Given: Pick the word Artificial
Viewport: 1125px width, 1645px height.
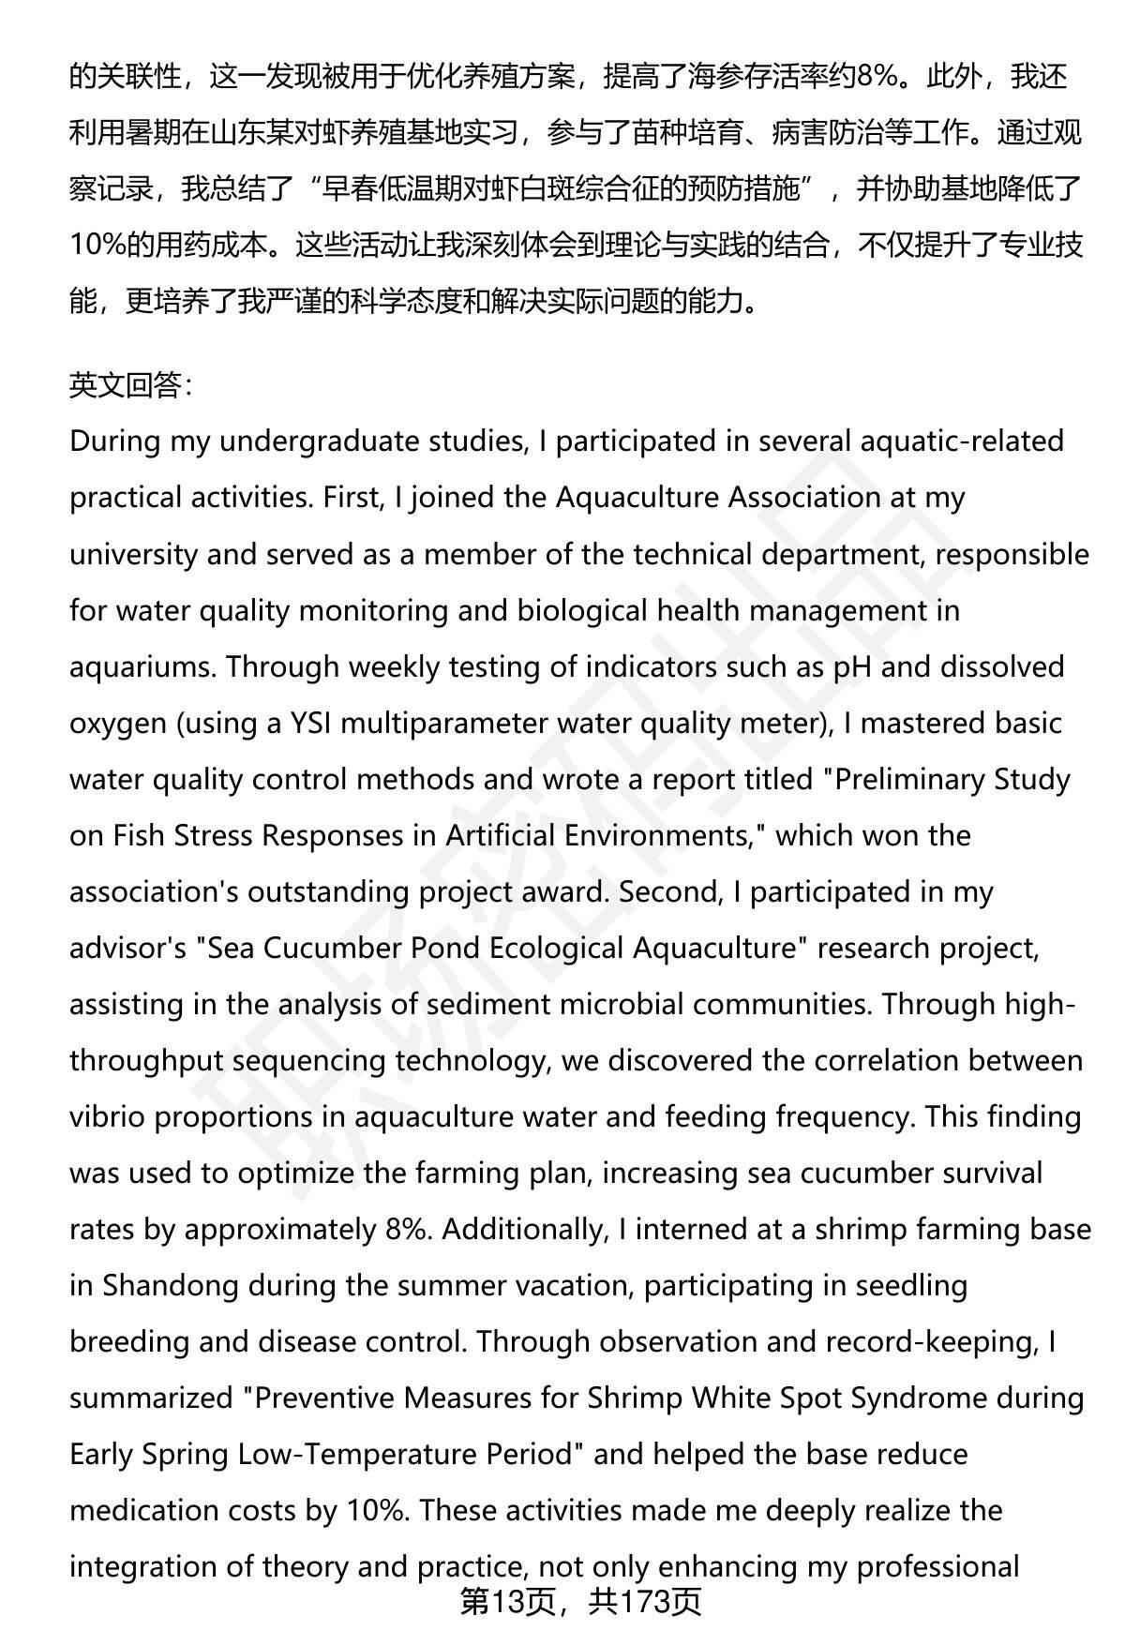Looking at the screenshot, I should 504,835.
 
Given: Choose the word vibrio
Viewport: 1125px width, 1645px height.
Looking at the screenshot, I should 109,1116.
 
